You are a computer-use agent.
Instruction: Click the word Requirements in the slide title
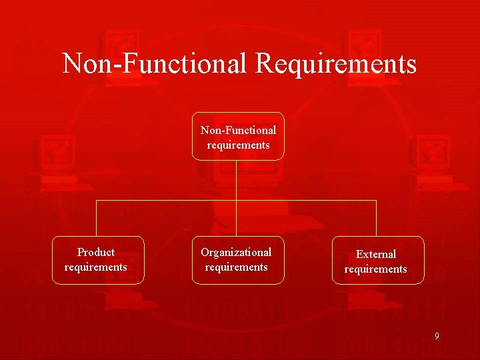coord(336,65)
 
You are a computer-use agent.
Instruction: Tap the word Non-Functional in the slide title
coord(155,64)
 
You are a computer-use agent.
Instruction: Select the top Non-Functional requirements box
coord(238,137)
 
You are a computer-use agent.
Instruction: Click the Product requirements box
coord(98,260)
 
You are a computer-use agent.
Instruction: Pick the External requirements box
coord(378,260)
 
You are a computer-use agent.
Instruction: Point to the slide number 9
coord(437,336)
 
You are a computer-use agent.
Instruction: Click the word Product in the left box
coord(96,252)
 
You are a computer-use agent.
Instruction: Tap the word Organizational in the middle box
coord(236,252)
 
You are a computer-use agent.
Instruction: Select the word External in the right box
coord(376,254)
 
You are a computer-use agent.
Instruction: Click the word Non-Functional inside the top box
coord(238,130)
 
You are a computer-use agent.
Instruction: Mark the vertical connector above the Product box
coord(97,218)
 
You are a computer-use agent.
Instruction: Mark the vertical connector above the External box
coord(377,218)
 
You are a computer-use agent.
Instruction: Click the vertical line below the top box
coord(237,180)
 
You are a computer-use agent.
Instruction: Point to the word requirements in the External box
coord(375,269)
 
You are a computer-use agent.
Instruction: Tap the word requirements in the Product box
coord(95,267)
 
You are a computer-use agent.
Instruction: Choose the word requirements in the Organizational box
coord(236,267)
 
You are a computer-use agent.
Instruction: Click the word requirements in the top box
coord(238,145)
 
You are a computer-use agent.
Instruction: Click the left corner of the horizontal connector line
coord(97,200)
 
